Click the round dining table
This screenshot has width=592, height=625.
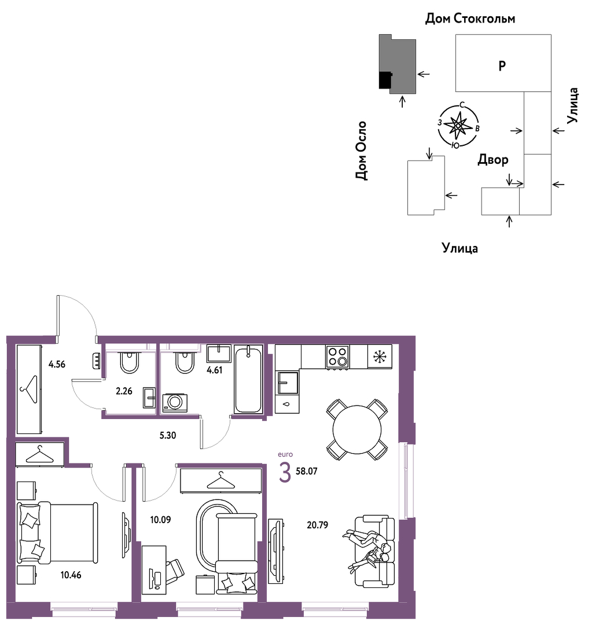(357, 429)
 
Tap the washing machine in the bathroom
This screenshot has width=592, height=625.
(175, 403)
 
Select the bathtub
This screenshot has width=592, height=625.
(248, 380)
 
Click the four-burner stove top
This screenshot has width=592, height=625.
(337, 356)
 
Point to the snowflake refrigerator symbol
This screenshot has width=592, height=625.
(380, 356)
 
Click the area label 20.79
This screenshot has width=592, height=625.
(317, 525)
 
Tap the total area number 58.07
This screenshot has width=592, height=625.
(307, 471)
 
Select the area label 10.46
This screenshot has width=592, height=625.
(71, 575)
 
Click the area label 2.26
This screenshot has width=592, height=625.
(124, 391)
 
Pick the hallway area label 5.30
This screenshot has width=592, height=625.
(168, 435)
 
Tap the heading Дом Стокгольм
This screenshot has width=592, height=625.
(470, 19)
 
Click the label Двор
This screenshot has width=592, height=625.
(493, 160)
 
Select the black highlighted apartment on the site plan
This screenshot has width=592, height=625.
(385, 80)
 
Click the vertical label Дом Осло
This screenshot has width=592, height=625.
(361, 150)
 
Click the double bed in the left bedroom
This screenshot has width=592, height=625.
(57, 533)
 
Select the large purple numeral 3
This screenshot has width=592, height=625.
(285, 473)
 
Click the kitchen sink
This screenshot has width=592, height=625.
(287, 383)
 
